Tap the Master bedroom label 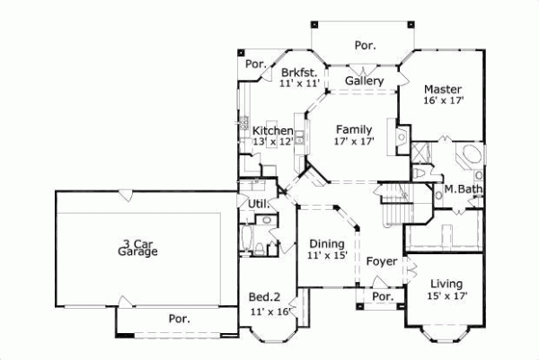pyautogui.click(x=443, y=90)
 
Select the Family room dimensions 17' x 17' pyautogui.click(x=354, y=141)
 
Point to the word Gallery pyautogui.click(x=365, y=82)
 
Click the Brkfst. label pyautogui.click(x=296, y=73)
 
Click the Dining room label pyautogui.click(x=326, y=243)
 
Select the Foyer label pyautogui.click(x=383, y=261)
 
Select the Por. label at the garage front pyautogui.click(x=179, y=319)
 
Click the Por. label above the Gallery pyautogui.click(x=364, y=44)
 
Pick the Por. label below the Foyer pyautogui.click(x=383, y=296)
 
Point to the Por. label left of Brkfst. pyautogui.click(x=256, y=65)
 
